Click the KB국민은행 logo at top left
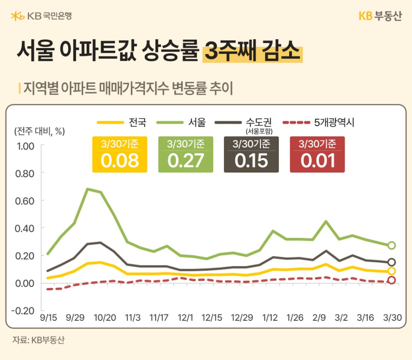pyautogui.click(x=41, y=16)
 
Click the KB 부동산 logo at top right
pyautogui.click(x=380, y=16)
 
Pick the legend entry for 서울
pyautogui.click(x=182, y=123)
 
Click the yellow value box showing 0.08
pyautogui.click(x=119, y=154)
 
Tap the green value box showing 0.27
pyautogui.click(x=186, y=154)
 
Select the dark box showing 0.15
pyautogui.click(x=251, y=154)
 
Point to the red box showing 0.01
pyautogui.click(x=317, y=154)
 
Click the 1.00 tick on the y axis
pyautogui.click(x=25, y=146)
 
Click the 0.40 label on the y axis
pyautogui.click(x=25, y=228)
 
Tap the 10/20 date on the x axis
pyautogui.click(x=104, y=318)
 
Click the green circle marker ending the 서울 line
pyautogui.click(x=391, y=245)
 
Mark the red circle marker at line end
pyautogui.click(x=391, y=280)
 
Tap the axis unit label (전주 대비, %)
pyautogui.click(x=39, y=131)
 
